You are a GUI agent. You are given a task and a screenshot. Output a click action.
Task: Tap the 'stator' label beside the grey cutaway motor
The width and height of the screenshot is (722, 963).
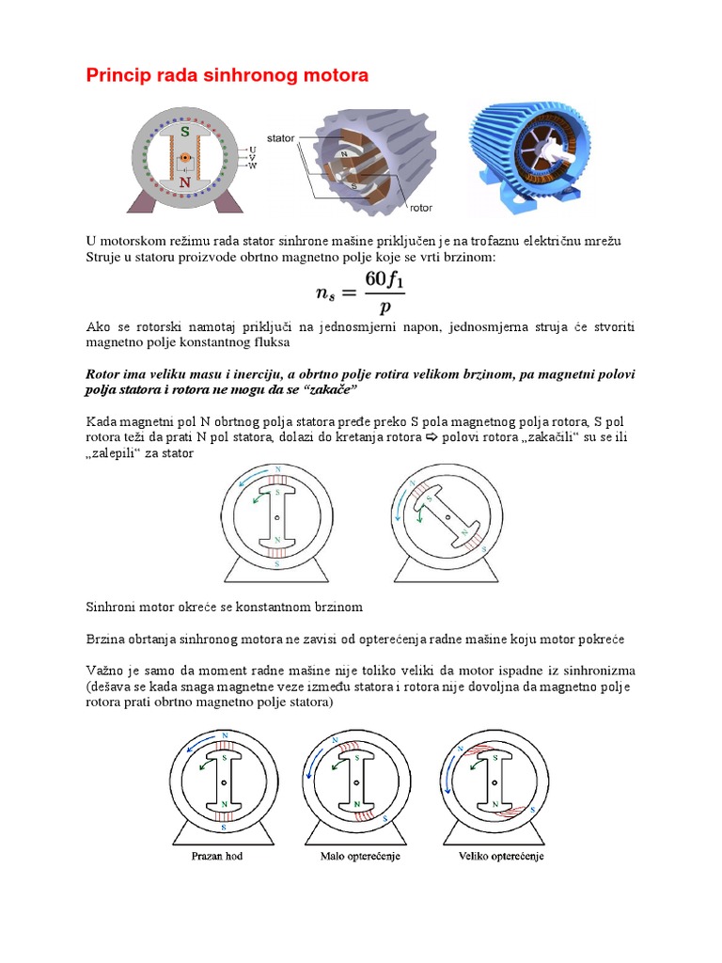281,137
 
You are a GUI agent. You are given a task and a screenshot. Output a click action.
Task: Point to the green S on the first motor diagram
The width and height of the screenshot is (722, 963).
185,131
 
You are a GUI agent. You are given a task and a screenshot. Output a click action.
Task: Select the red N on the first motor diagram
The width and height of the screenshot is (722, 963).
185,182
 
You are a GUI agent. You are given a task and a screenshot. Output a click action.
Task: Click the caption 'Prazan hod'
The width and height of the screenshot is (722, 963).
216,857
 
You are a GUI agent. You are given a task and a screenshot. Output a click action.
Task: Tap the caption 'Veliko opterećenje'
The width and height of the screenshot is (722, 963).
500,857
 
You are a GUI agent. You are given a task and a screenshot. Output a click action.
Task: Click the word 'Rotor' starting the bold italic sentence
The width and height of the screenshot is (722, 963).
103,373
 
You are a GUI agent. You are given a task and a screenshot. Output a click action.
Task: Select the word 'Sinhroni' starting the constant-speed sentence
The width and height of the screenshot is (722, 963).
109,607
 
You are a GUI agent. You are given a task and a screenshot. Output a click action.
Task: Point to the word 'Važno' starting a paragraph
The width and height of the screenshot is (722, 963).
105,671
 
